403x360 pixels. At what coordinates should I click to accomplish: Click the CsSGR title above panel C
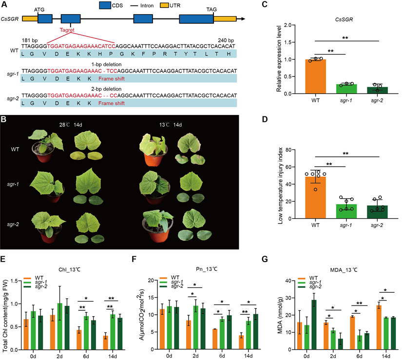347,19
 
